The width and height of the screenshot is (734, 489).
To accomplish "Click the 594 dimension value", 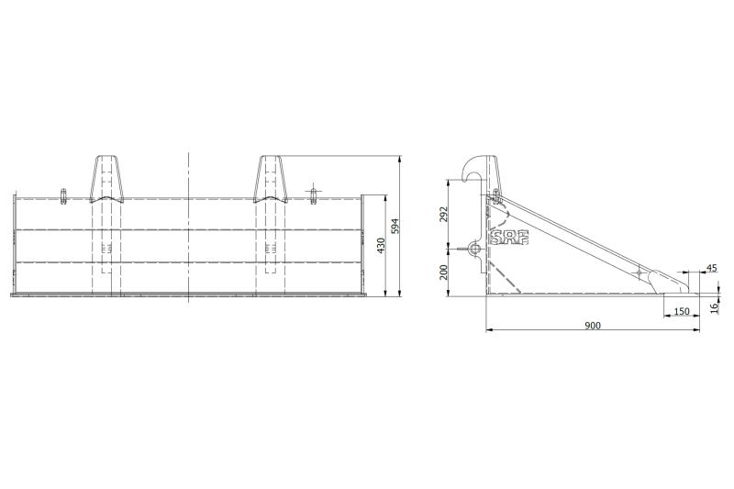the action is click(395, 227).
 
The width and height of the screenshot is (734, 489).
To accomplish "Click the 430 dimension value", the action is click(381, 246).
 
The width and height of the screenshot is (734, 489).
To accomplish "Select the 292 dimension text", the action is click(444, 214).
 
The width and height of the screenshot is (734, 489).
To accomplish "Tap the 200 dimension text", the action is click(444, 272).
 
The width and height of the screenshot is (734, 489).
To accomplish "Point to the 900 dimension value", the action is click(593, 325).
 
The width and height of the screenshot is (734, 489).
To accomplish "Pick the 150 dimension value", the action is click(682, 311).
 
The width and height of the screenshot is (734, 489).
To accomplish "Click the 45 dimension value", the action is click(712, 268).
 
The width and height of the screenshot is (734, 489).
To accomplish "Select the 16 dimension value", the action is click(715, 307).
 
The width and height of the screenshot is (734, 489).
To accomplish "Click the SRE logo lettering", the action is click(509, 238).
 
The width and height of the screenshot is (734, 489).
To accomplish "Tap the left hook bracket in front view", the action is click(106, 179).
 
